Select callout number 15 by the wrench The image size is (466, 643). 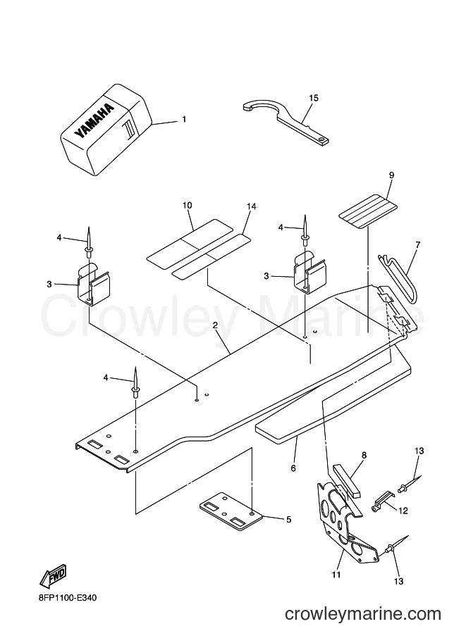[314, 98]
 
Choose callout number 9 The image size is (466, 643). [391, 175]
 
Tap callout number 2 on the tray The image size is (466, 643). [215, 325]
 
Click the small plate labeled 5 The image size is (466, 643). [231, 509]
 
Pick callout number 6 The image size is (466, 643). [293, 468]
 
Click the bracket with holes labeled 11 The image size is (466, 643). [347, 528]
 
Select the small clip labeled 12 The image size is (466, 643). [383, 500]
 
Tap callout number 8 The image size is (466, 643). [364, 455]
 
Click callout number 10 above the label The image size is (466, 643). [188, 205]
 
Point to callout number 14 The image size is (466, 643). [251, 206]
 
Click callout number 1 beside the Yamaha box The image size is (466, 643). [184, 119]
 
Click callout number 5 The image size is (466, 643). [288, 520]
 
